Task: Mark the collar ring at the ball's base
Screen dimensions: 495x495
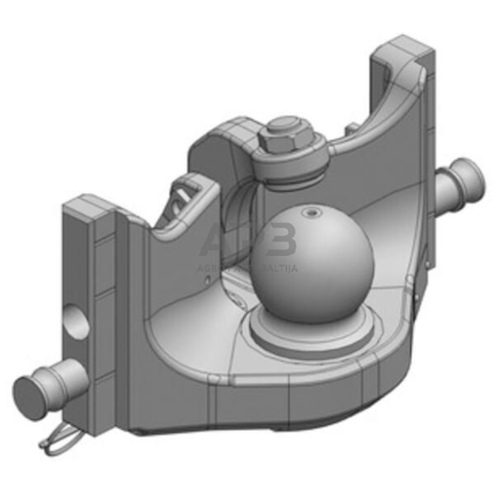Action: tap(311, 332)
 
